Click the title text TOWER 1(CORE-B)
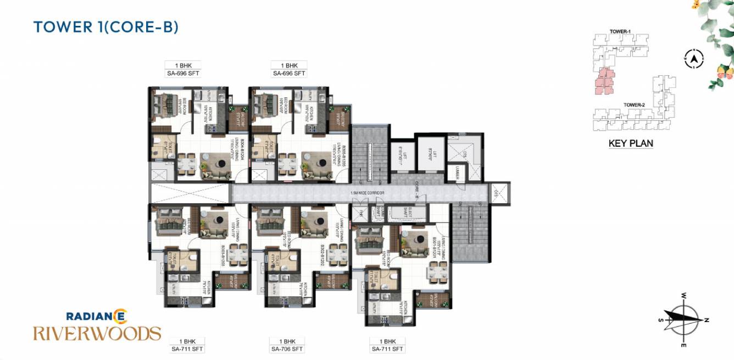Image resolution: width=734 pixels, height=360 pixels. (105, 27)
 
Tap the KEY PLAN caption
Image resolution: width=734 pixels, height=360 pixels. (631, 144)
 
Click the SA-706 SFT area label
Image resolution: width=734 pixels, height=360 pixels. (287, 349)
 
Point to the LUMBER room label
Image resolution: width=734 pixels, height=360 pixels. (458, 174)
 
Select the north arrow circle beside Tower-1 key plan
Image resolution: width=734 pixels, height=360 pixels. (694, 58)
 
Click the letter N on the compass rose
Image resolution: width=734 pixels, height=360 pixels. (707, 320)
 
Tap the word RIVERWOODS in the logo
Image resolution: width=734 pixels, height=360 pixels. (97, 333)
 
